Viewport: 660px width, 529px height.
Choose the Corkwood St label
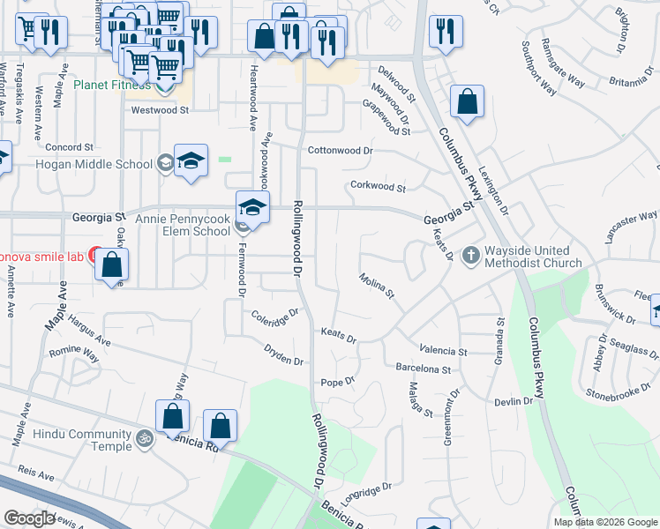click(378, 187)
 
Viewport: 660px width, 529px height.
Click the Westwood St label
click(160, 111)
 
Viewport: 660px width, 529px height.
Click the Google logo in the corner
click(29, 518)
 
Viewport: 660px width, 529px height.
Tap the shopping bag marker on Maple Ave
click(112, 265)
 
